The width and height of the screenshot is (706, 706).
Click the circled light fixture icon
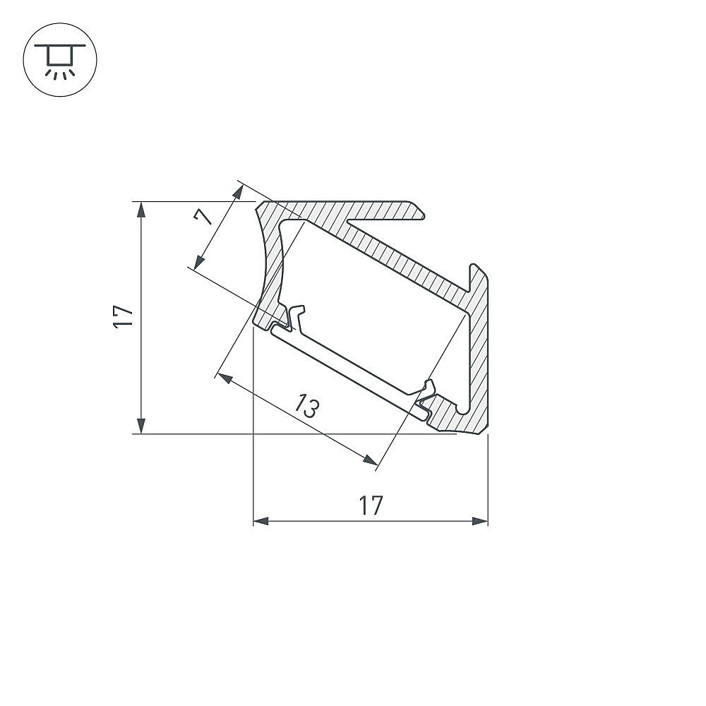pyautogui.click(x=60, y=59)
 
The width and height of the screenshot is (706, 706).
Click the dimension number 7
pyautogui.click(x=203, y=218)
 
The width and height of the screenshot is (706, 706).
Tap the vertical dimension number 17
pyautogui.click(x=124, y=318)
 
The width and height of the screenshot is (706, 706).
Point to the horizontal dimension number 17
pyautogui.click(x=371, y=505)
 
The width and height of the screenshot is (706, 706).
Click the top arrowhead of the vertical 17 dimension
pyautogui.click(x=141, y=210)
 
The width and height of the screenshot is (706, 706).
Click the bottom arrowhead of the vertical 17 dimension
pyautogui.click(x=141, y=426)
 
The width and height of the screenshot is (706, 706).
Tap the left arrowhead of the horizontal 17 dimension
pyautogui.click(x=261, y=521)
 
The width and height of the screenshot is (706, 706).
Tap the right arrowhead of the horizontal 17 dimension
pyautogui.click(x=480, y=521)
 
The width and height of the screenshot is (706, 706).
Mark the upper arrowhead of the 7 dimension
pyautogui.click(x=239, y=191)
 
